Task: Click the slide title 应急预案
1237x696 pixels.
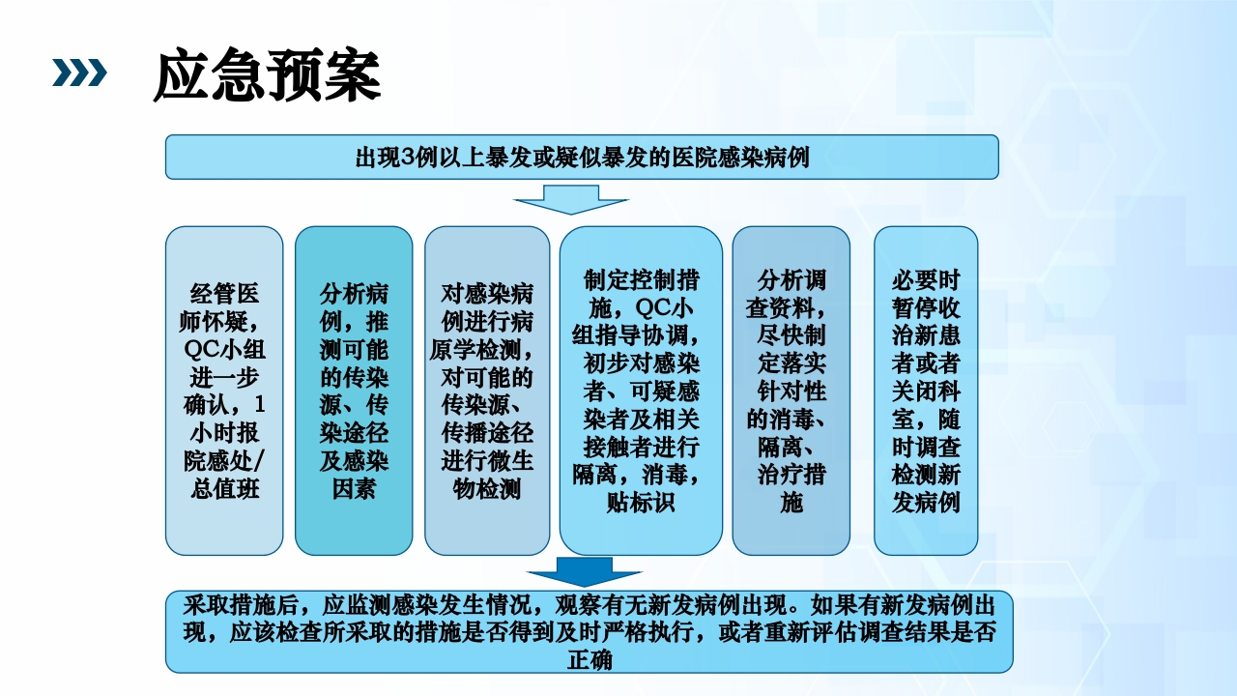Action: (267, 76)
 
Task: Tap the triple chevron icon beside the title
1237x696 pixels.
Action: (78, 72)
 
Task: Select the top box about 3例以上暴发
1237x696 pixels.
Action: (582, 157)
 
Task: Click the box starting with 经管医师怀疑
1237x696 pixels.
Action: (224, 390)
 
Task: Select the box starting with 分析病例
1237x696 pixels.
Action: (354, 390)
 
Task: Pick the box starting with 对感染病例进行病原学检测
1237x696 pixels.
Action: (487, 390)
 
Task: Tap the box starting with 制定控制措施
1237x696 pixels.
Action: (641, 390)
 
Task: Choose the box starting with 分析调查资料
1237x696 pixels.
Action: (791, 390)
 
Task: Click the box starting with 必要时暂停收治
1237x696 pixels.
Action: (926, 390)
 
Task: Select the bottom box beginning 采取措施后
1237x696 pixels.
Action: (589, 631)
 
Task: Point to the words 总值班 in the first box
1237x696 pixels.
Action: (225, 489)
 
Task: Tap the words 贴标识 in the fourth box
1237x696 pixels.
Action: (641, 503)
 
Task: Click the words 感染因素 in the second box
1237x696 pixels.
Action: (354, 476)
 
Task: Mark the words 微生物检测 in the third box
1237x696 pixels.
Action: (487, 476)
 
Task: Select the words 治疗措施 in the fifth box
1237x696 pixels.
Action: (791, 489)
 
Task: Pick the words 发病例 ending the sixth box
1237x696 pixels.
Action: (926, 503)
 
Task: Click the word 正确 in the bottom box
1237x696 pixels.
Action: (589, 659)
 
